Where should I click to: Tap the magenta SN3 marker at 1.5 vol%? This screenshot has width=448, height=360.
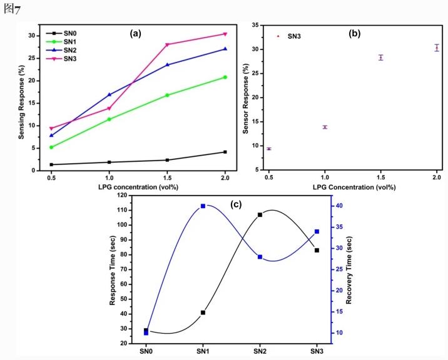pos(167,44)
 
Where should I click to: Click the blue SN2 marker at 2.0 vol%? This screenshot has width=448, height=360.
pos(225,49)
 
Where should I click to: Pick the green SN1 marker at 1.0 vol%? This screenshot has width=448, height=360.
pos(109,119)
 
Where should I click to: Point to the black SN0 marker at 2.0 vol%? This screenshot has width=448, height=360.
pos(225,152)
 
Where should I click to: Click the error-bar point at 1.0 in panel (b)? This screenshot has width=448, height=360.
pos(325,127)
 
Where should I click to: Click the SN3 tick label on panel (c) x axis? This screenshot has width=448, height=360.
pos(317,351)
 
